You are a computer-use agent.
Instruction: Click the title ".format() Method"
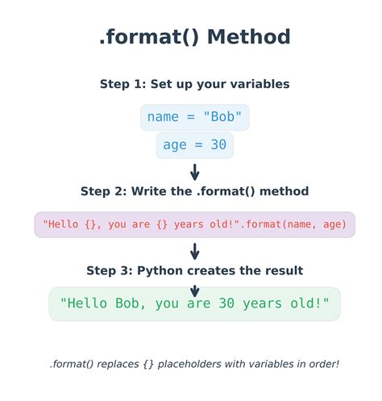(x=194, y=37)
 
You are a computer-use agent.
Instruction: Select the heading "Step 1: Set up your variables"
(x=194, y=84)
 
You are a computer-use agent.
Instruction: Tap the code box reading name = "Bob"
(x=194, y=117)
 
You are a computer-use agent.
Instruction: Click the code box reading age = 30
(x=194, y=145)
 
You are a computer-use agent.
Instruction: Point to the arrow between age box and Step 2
(x=194, y=172)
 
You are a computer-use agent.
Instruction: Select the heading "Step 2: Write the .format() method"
(x=194, y=191)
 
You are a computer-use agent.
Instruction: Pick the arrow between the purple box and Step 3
(x=194, y=251)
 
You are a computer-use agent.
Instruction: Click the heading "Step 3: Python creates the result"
(x=194, y=270)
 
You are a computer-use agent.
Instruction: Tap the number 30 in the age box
(x=218, y=145)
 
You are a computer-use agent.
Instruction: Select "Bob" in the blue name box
(x=222, y=117)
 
